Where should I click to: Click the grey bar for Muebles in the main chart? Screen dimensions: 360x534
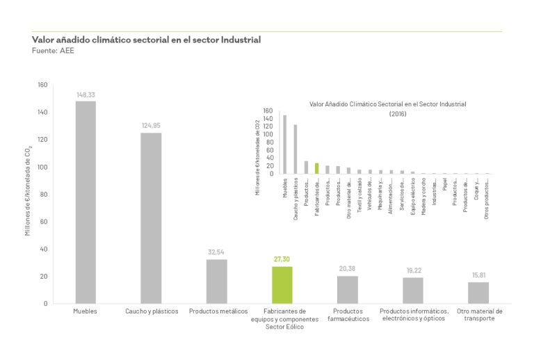tap(86, 202)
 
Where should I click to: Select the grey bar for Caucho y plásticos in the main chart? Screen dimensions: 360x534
tap(151, 218)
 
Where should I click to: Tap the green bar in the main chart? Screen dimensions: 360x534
tap(282, 284)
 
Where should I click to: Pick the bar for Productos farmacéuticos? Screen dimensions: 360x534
tap(347, 289)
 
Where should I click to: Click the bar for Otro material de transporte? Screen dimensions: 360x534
tap(478, 292)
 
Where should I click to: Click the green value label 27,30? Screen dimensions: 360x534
tap(282, 260)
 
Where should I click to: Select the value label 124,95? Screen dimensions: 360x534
tap(151, 126)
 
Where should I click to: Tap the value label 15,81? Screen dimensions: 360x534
tap(478, 275)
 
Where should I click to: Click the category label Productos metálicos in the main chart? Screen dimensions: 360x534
tap(216, 311)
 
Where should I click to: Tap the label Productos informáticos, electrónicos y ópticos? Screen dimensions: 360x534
tap(412, 315)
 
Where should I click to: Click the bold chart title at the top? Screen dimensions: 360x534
tap(146, 40)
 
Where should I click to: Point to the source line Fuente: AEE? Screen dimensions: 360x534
tap(53, 51)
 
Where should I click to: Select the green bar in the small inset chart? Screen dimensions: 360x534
tap(316, 168)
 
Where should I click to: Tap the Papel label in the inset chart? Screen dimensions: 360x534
tap(444, 185)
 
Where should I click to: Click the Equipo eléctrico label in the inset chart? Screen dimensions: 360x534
tap(412, 190)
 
